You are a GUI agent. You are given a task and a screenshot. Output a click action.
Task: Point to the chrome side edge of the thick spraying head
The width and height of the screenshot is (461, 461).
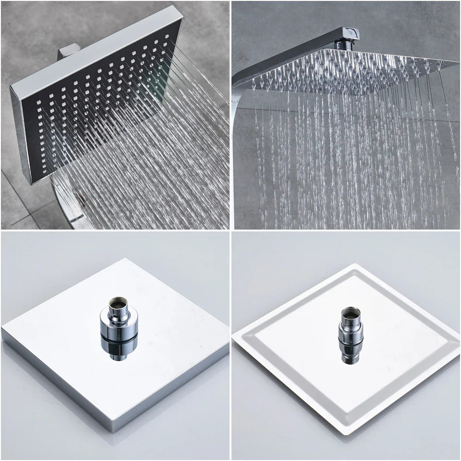click(x=21, y=134)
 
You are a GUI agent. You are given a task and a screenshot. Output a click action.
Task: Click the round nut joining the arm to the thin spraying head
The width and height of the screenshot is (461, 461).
click(x=343, y=45)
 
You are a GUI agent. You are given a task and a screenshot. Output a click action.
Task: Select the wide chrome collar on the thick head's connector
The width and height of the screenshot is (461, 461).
click(x=119, y=323)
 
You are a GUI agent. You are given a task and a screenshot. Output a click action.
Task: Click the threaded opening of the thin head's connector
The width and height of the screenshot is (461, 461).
click(x=351, y=313)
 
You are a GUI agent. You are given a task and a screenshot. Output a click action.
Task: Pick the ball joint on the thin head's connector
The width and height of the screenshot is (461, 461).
click(x=351, y=332)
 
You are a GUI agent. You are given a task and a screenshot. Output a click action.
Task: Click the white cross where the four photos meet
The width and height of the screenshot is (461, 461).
click(x=230, y=230)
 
